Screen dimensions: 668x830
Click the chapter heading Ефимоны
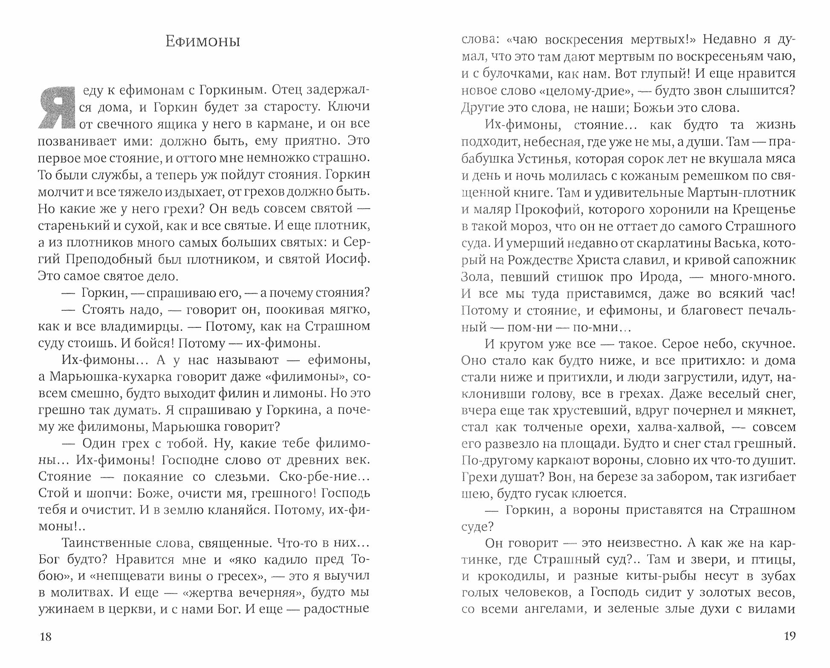[x=202, y=42]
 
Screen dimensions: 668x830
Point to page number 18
[x=45, y=636]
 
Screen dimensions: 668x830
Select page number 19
[x=790, y=636]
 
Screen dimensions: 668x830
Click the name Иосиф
[x=347, y=259]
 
